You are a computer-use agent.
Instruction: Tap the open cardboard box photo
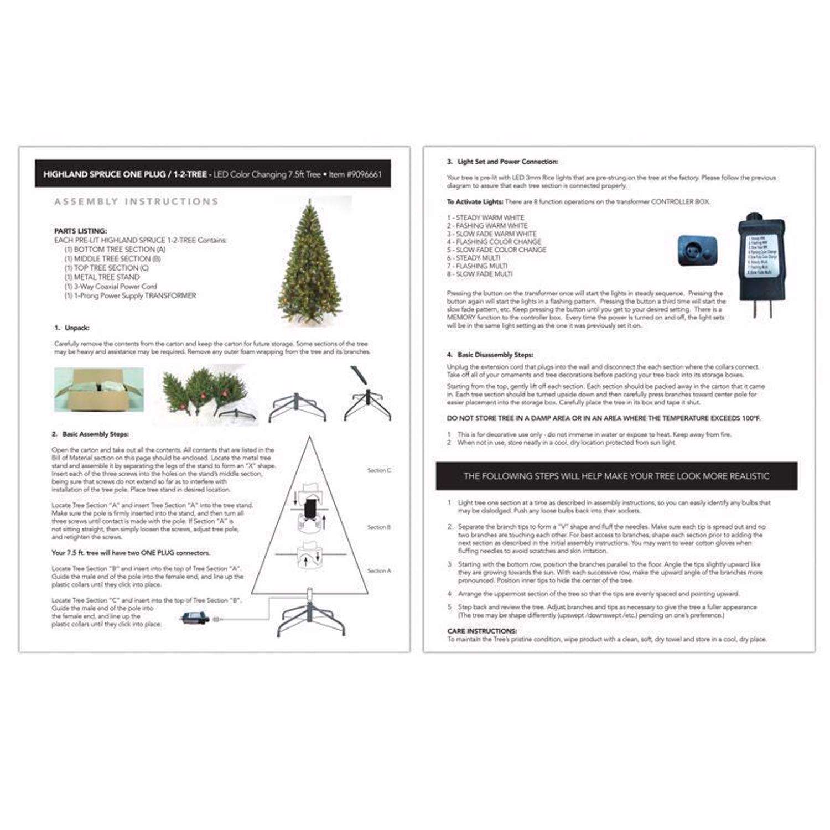(x=99, y=390)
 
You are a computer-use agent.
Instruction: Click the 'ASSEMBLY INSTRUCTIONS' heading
(x=136, y=201)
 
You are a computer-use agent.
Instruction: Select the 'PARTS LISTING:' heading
(x=80, y=231)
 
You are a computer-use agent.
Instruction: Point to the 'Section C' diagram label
(x=379, y=470)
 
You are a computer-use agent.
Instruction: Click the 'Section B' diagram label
(x=379, y=527)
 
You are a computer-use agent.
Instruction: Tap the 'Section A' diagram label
(x=379, y=570)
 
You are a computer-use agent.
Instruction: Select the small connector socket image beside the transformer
(x=697, y=250)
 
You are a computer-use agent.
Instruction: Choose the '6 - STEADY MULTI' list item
(x=474, y=258)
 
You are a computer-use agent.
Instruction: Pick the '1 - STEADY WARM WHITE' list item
(x=485, y=217)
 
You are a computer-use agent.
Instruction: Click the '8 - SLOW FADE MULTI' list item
(x=480, y=274)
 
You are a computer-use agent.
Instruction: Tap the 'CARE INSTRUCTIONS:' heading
(x=482, y=631)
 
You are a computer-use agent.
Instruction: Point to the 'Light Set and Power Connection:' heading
(x=507, y=162)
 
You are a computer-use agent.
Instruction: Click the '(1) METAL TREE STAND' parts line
(x=102, y=277)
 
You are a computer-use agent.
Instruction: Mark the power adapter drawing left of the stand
(x=195, y=617)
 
